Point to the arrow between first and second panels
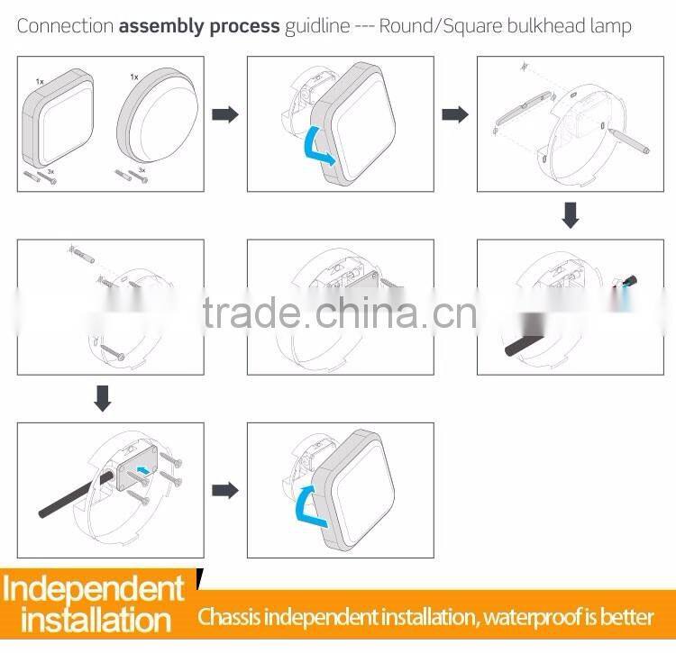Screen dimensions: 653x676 coord(225,114)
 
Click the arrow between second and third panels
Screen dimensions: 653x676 coord(455,114)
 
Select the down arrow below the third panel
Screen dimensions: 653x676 coord(570,215)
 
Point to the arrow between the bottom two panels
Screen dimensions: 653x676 coord(225,491)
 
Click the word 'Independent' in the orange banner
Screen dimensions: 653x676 coord(94,589)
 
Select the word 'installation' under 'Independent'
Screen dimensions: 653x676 coord(95,621)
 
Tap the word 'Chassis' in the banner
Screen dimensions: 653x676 coord(233,617)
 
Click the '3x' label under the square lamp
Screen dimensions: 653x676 coord(50,170)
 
